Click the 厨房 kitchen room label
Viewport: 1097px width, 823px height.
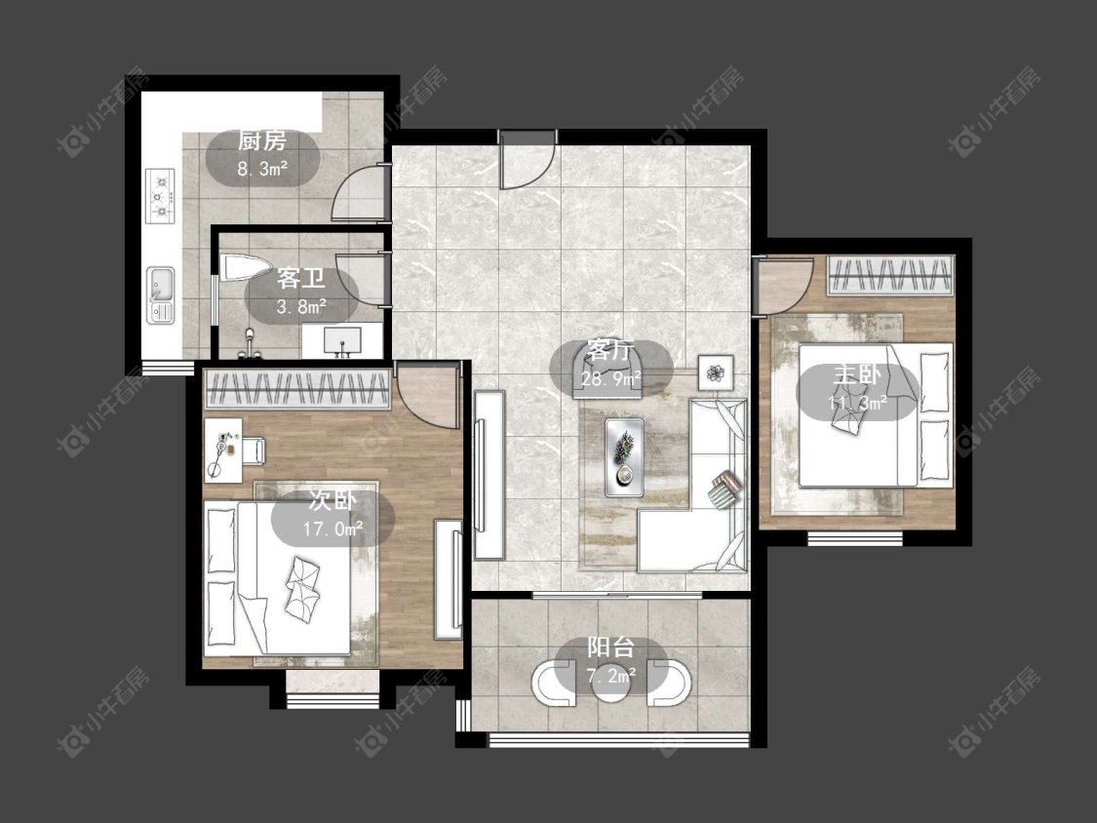[x=262, y=141]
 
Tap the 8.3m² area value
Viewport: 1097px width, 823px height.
[x=262, y=169]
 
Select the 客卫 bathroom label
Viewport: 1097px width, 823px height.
[x=301, y=279]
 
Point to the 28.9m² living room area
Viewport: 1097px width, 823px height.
[x=611, y=378]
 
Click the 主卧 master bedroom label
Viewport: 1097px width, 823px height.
[x=857, y=375]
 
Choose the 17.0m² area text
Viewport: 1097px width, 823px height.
[x=333, y=529]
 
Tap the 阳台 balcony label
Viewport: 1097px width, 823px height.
[x=610, y=647]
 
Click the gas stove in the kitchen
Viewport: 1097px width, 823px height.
[x=160, y=197]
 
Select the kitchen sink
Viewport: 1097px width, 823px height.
[x=161, y=294]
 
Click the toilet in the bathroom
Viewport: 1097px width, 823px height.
[x=245, y=268]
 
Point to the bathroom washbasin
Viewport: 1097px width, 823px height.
[x=342, y=341]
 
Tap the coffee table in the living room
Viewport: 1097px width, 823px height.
[x=625, y=457]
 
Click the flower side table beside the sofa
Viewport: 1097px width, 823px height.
[x=715, y=372]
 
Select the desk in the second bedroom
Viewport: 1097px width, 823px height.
[x=223, y=450]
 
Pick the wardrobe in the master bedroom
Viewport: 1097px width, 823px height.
[x=890, y=275]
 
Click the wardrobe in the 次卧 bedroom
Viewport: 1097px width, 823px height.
[x=296, y=389]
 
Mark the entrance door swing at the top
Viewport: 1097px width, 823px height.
[x=528, y=160]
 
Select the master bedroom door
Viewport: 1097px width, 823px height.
[x=784, y=287]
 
